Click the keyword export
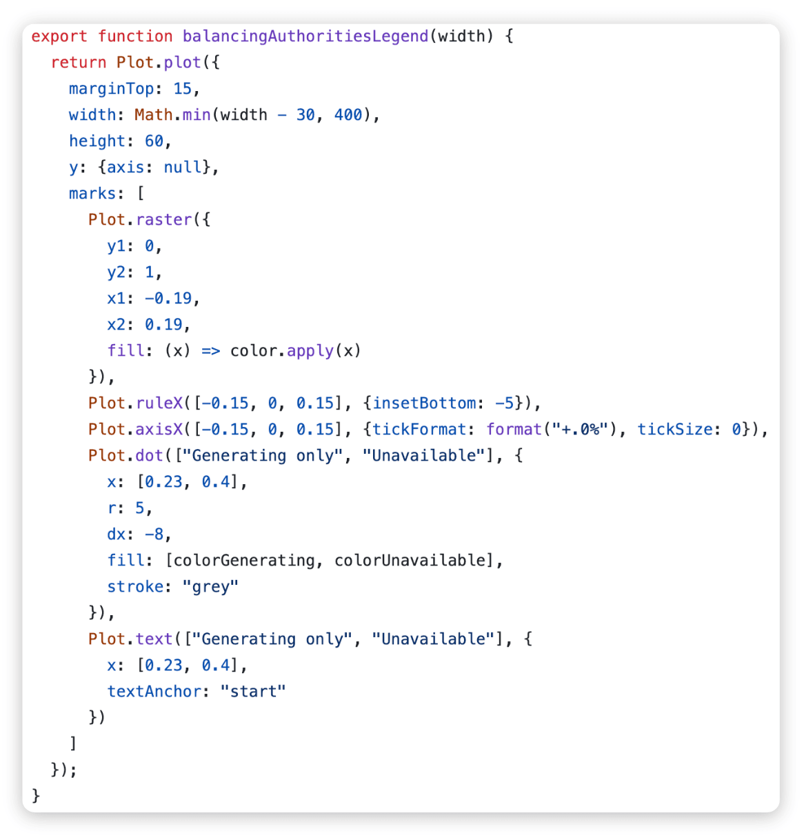[59, 37]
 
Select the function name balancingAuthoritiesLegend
[305, 37]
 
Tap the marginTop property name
[111, 89]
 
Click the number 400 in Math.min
[348, 114]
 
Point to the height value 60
[154, 141]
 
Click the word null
[183, 167]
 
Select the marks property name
[92, 193]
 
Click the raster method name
[164, 220]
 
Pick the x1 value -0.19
[168, 298]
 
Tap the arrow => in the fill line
[210, 351]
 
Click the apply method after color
[310, 351]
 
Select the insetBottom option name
[424, 403]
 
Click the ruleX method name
[159, 403]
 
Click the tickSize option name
[674, 430]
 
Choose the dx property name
[116, 534]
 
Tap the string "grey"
[210, 587]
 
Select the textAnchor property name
[154, 692]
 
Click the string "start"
[253, 692]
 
